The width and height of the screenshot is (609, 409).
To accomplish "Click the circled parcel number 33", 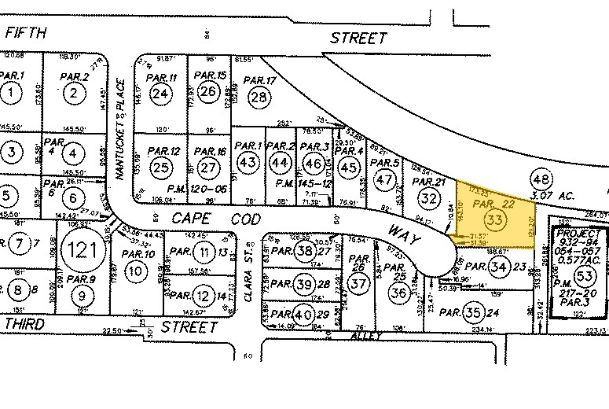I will [495, 219].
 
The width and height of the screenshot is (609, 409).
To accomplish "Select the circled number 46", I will [314, 163].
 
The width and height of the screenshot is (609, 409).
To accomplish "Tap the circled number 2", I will [74, 94].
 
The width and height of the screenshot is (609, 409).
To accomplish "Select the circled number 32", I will [429, 197].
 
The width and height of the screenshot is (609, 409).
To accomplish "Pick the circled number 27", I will [208, 168].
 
